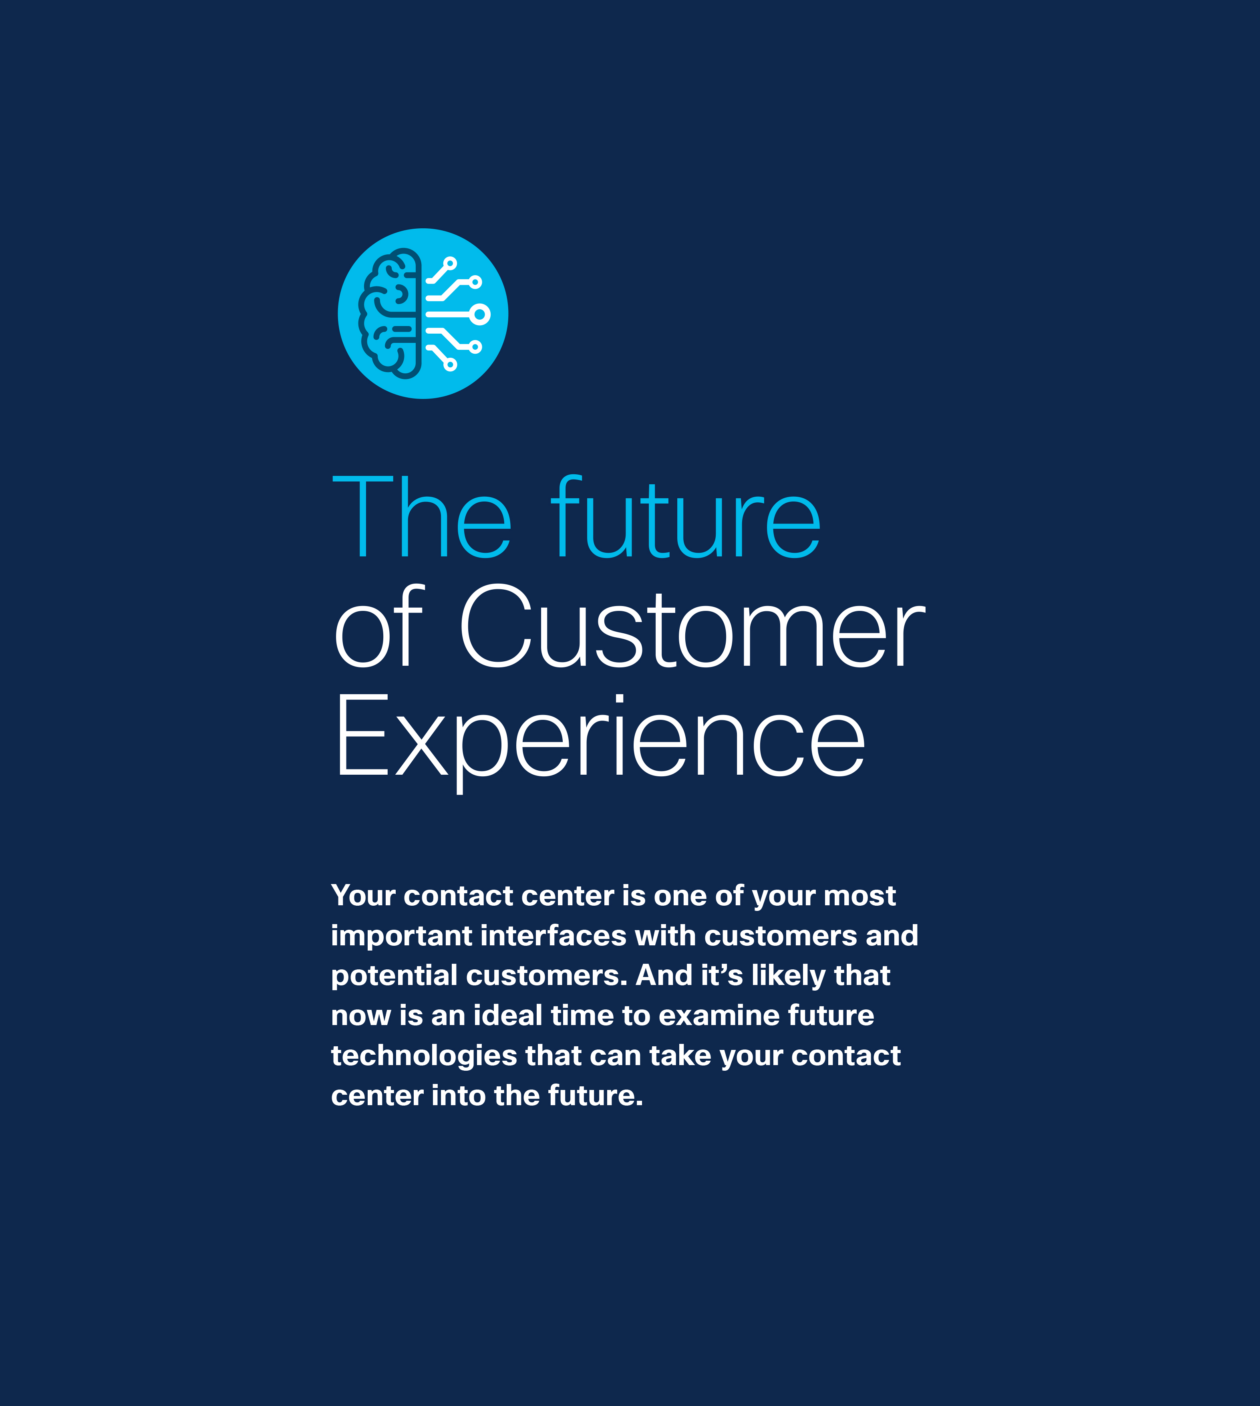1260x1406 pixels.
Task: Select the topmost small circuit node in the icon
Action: (450, 263)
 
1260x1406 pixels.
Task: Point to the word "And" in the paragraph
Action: (664, 975)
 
